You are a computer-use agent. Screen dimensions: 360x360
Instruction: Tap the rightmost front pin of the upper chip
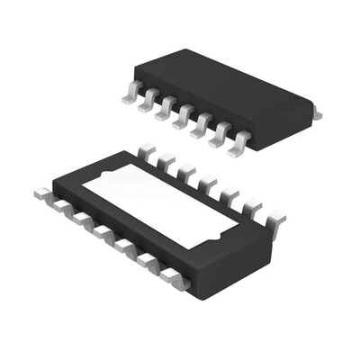tap(238, 144)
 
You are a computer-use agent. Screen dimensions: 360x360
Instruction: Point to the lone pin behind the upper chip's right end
tap(316, 113)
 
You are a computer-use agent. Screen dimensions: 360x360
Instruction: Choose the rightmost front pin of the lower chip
tap(175, 281)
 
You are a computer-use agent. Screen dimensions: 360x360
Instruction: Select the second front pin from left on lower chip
tap(61, 204)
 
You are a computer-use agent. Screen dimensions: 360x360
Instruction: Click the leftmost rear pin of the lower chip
tap(147, 150)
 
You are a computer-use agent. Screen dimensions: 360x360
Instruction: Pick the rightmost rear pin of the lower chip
tap(275, 219)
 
